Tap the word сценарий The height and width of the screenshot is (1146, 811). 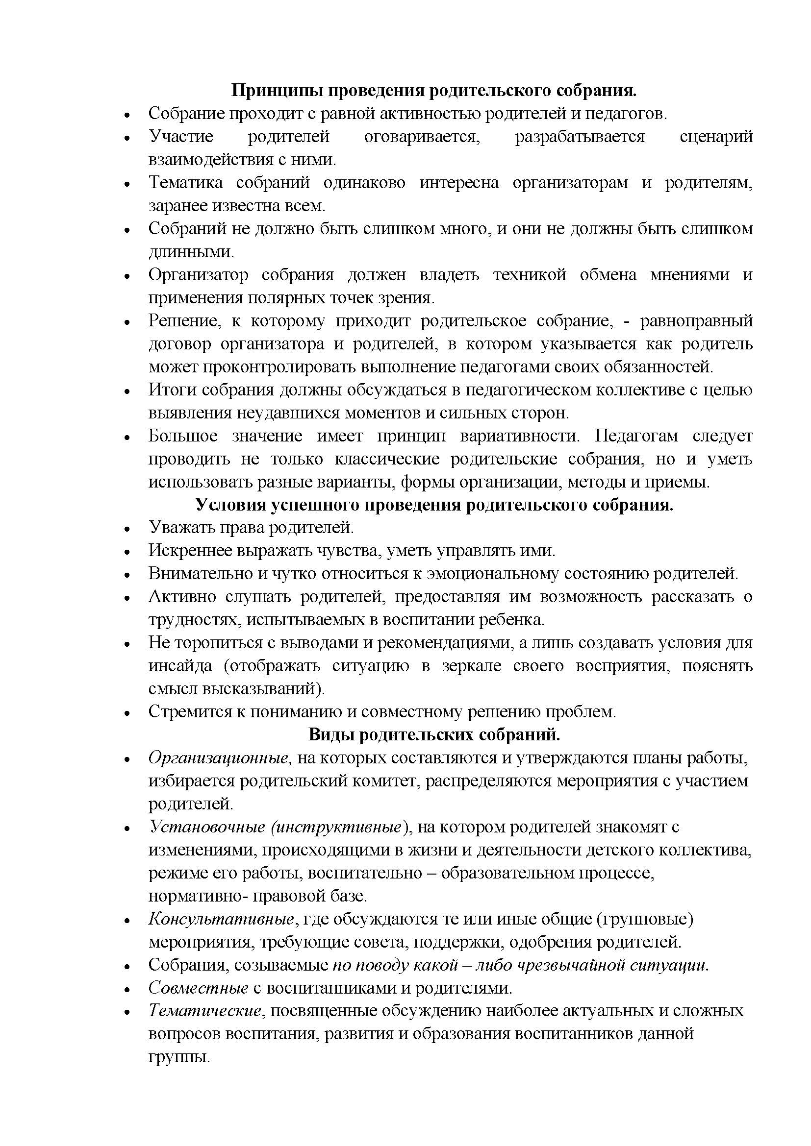[716, 136]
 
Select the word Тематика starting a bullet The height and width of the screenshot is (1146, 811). [186, 183]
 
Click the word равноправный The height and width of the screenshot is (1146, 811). [696, 321]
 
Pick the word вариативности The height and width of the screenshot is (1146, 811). [519, 436]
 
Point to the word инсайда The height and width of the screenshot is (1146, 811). [180, 666]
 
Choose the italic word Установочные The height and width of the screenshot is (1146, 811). [207, 828]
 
